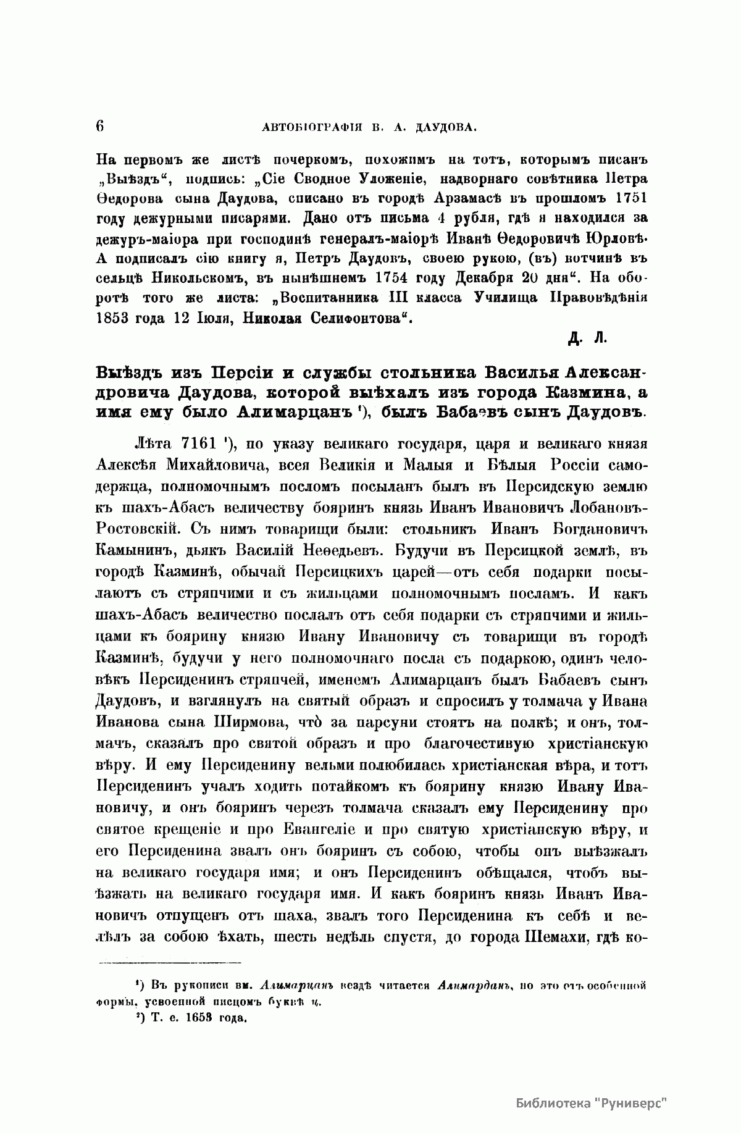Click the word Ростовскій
coord(139,528)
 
